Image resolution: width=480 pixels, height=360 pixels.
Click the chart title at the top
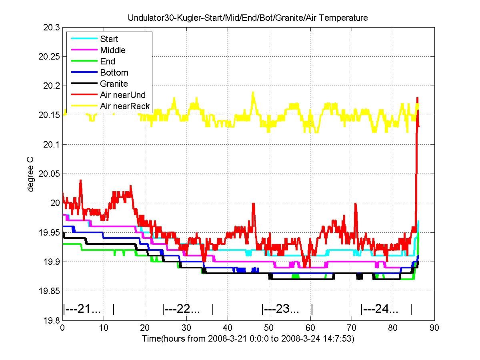click(x=248, y=18)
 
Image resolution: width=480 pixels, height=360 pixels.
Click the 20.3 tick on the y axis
click(x=51, y=28)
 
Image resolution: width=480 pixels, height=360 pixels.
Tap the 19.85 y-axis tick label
click(x=49, y=291)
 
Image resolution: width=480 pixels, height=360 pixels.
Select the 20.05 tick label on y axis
click(x=49, y=174)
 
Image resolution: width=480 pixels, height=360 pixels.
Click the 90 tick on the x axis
click(x=434, y=328)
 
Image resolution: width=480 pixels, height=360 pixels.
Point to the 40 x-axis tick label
click(x=228, y=328)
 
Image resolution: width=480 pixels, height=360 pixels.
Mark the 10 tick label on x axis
click(x=104, y=328)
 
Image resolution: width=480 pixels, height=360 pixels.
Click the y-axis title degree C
click(x=30, y=174)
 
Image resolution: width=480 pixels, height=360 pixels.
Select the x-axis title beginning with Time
click(x=248, y=338)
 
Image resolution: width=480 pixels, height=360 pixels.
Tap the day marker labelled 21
click(x=88, y=309)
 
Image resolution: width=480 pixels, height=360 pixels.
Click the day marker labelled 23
click(x=287, y=309)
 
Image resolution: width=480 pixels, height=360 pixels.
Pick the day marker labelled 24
click(x=386, y=309)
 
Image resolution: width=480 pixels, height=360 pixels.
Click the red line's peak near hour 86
click(x=417, y=98)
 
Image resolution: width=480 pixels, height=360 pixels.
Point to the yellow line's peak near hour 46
click(x=253, y=92)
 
